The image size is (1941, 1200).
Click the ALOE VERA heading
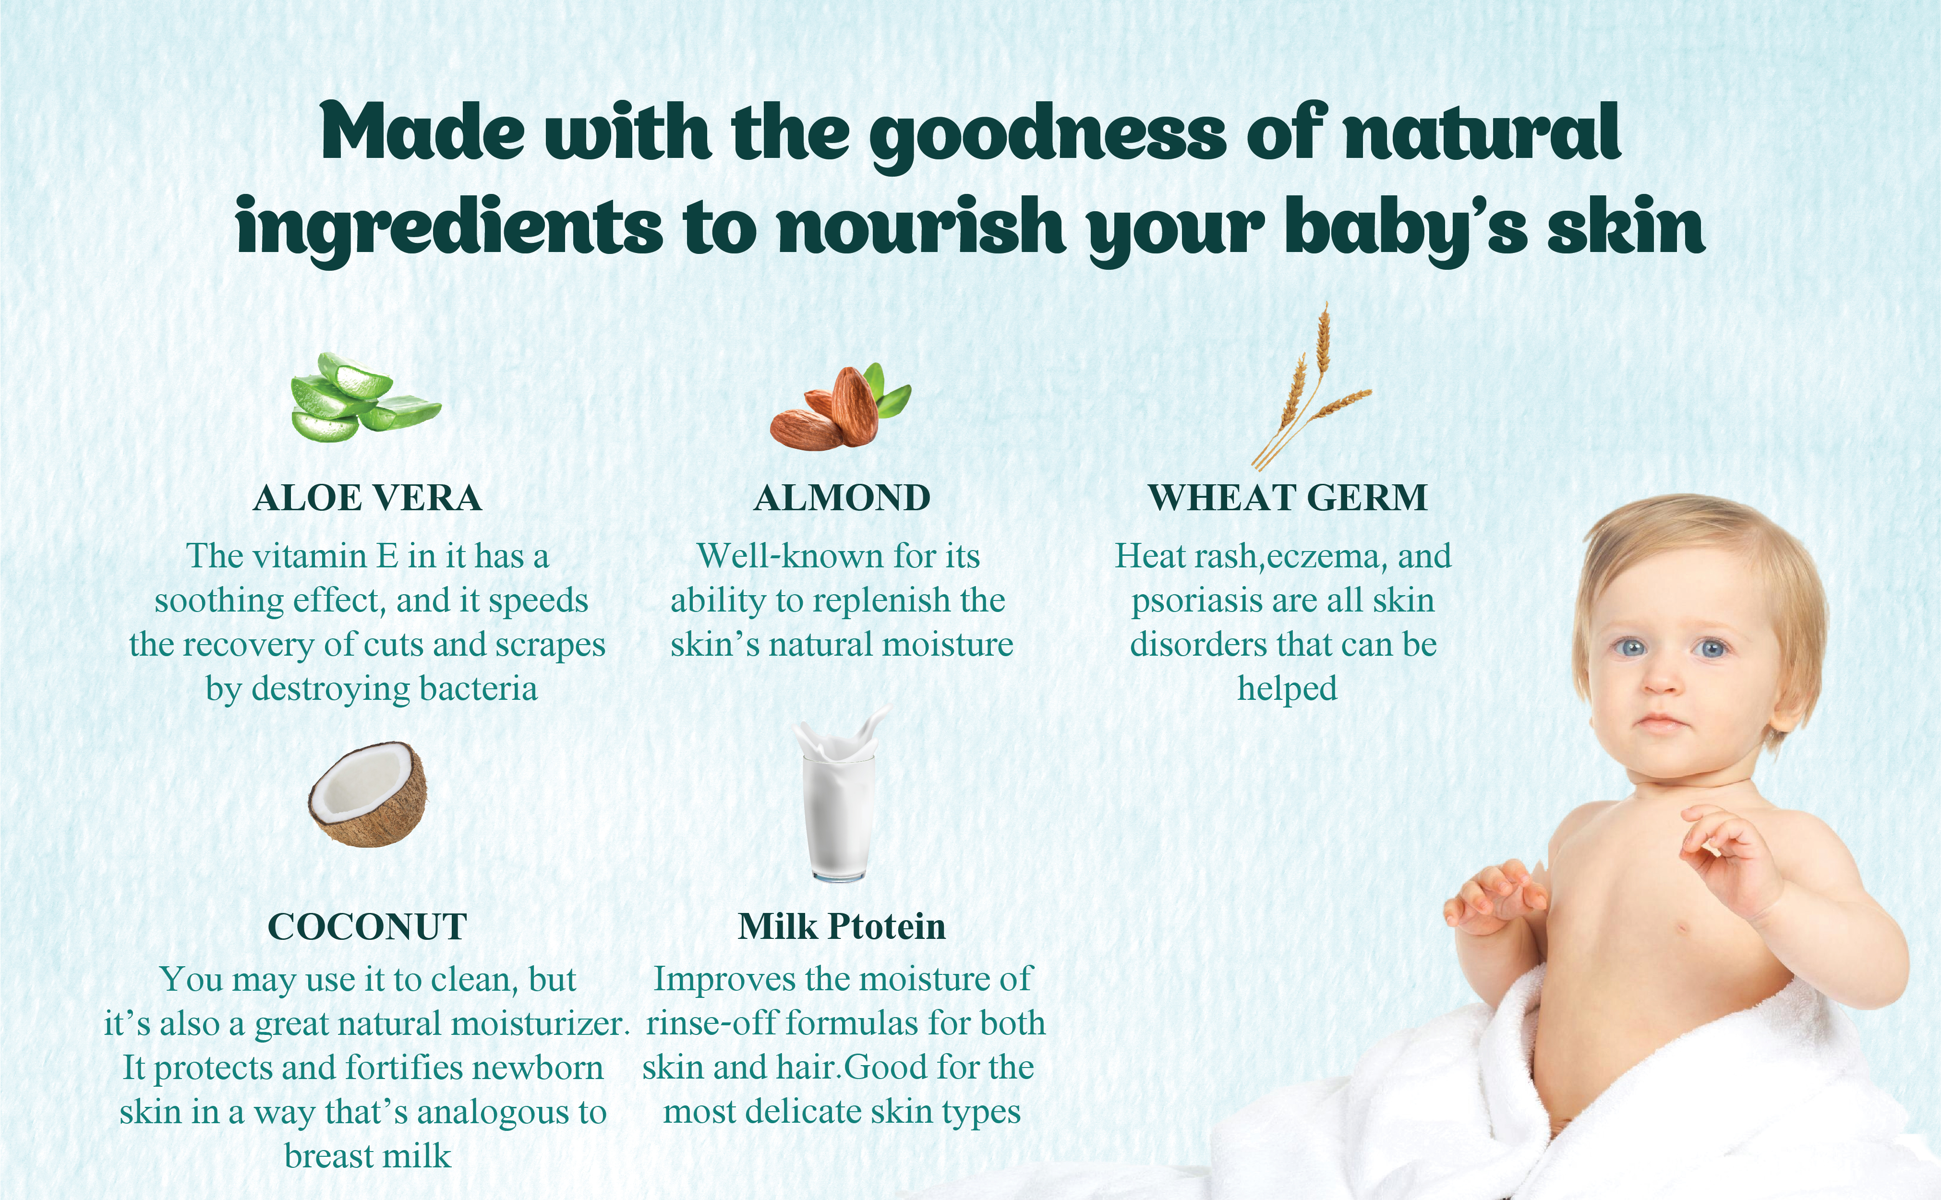pyautogui.click(x=367, y=498)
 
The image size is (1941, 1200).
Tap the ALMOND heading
pyautogui.click(x=842, y=498)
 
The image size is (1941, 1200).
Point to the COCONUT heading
pyautogui.click(x=367, y=927)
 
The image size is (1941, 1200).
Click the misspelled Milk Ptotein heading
pyautogui.click(x=842, y=926)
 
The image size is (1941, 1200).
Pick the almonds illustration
pyautogui.click(x=840, y=407)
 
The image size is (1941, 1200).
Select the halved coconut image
pyautogui.click(x=367, y=793)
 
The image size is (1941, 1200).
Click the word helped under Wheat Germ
pyautogui.click(x=1287, y=688)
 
